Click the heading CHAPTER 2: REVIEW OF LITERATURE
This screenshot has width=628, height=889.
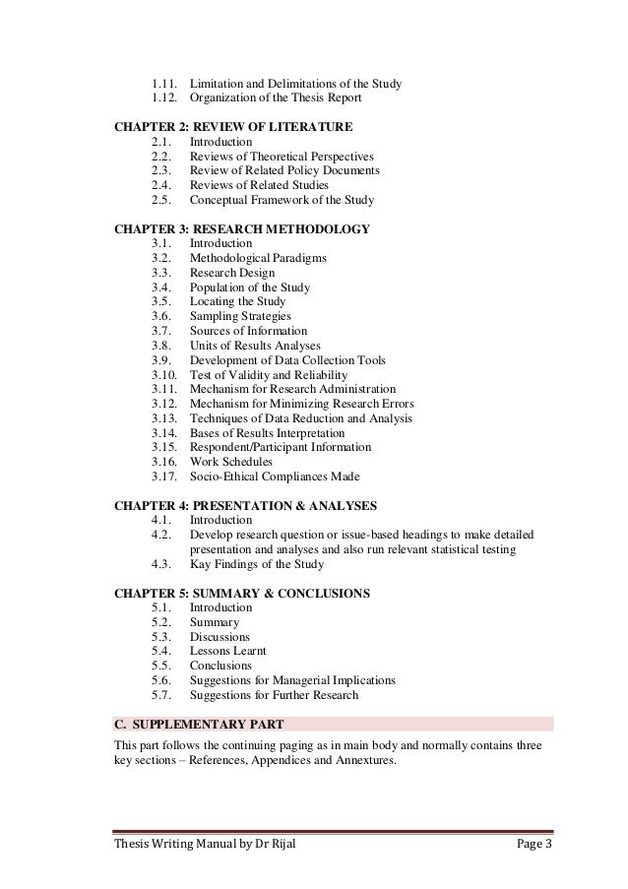233,127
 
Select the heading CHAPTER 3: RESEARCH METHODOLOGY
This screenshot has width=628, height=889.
242,229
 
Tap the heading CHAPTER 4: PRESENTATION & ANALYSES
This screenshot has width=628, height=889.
246,506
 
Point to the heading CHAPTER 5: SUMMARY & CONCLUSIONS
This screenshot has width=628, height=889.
242,594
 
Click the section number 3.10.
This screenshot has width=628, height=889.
165,375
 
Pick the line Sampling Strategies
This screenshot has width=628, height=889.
240,317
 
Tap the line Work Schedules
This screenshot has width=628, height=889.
231,462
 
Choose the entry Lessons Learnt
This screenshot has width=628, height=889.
227,651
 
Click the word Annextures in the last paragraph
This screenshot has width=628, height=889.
365,759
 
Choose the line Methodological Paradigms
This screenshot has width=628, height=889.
258,258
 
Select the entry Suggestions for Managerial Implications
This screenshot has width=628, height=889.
292,680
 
